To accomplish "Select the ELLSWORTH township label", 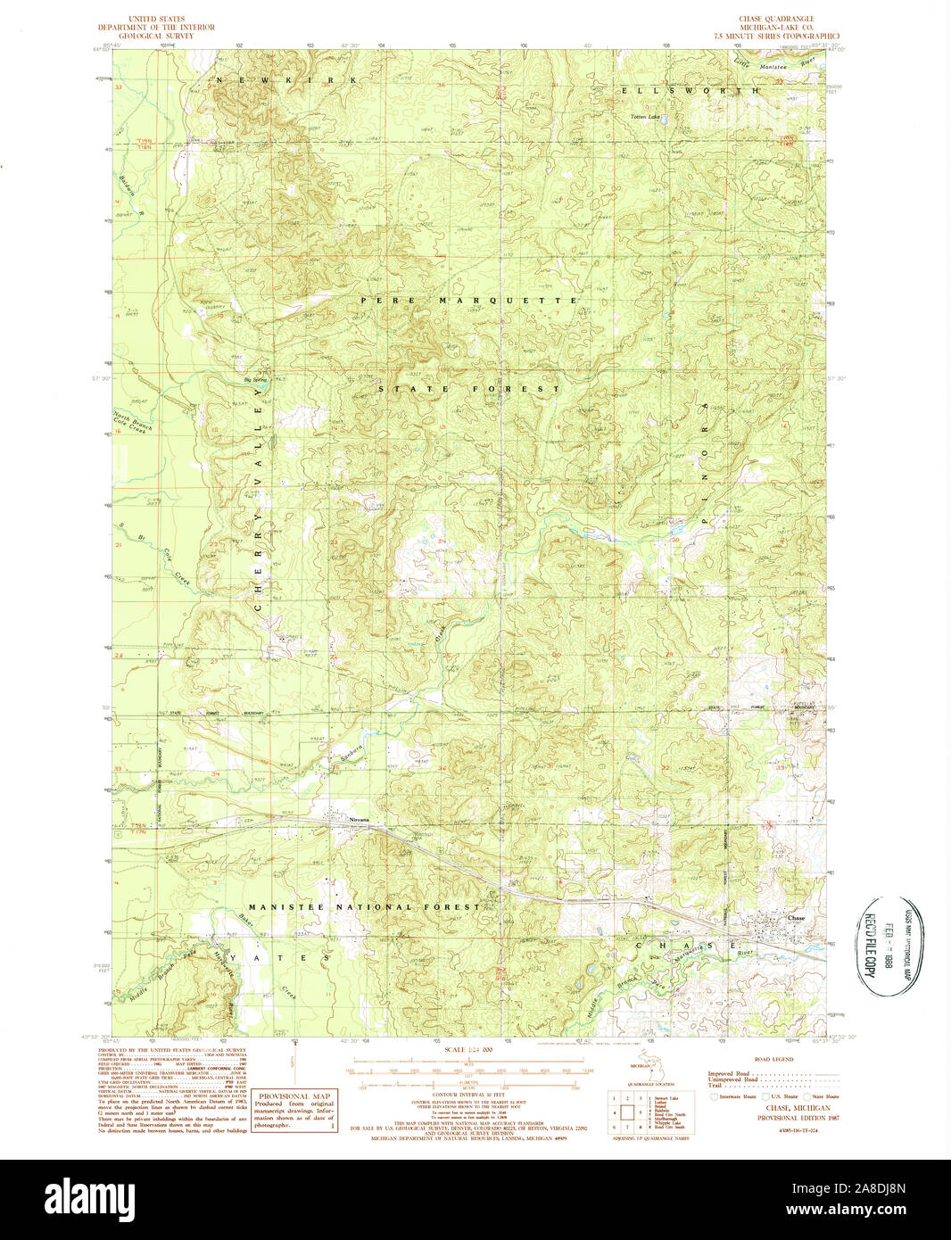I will (691, 91).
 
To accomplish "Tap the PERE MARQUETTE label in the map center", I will (469, 301).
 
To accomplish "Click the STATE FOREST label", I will (469, 389).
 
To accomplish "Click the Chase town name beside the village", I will (796, 918).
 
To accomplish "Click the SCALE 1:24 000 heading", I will (467, 1050).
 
